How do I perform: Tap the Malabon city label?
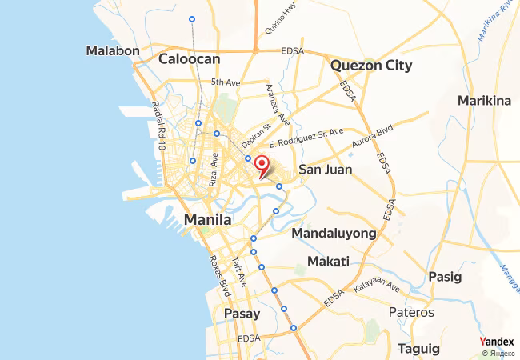pyautogui.click(x=113, y=50)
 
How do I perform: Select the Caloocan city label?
pyautogui.click(x=189, y=58)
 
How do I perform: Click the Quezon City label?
pyautogui.click(x=371, y=66)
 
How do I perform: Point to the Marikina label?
pyautogui.click(x=484, y=100)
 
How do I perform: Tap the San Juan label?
pyautogui.click(x=325, y=170)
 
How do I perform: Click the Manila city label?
pyautogui.click(x=208, y=218)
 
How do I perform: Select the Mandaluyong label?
pyautogui.click(x=334, y=233)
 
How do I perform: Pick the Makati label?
pyautogui.click(x=328, y=262)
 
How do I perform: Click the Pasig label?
pyautogui.click(x=446, y=277)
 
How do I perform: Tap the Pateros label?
pyautogui.click(x=411, y=312)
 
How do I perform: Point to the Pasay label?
pyautogui.click(x=242, y=314)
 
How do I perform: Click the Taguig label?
pyautogui.click(x=419, y=349)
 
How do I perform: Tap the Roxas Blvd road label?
pyautogui.click(x=218, y=275)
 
